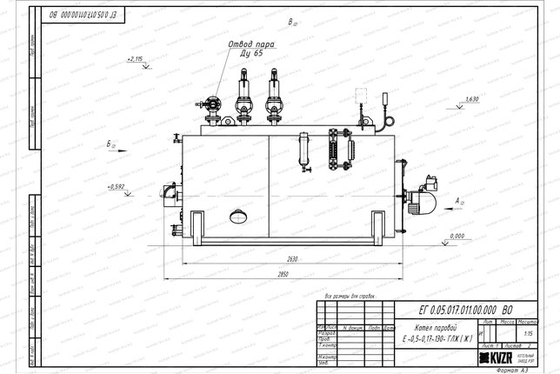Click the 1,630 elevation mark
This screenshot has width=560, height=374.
(472, 100)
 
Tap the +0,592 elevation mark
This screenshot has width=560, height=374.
(117, 186)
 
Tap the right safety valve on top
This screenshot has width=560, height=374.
(273, 100)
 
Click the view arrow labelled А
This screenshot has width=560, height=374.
(459, 202)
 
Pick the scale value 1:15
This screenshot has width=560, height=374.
(527, 332)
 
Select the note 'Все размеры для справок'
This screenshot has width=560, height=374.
(348, 295)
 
